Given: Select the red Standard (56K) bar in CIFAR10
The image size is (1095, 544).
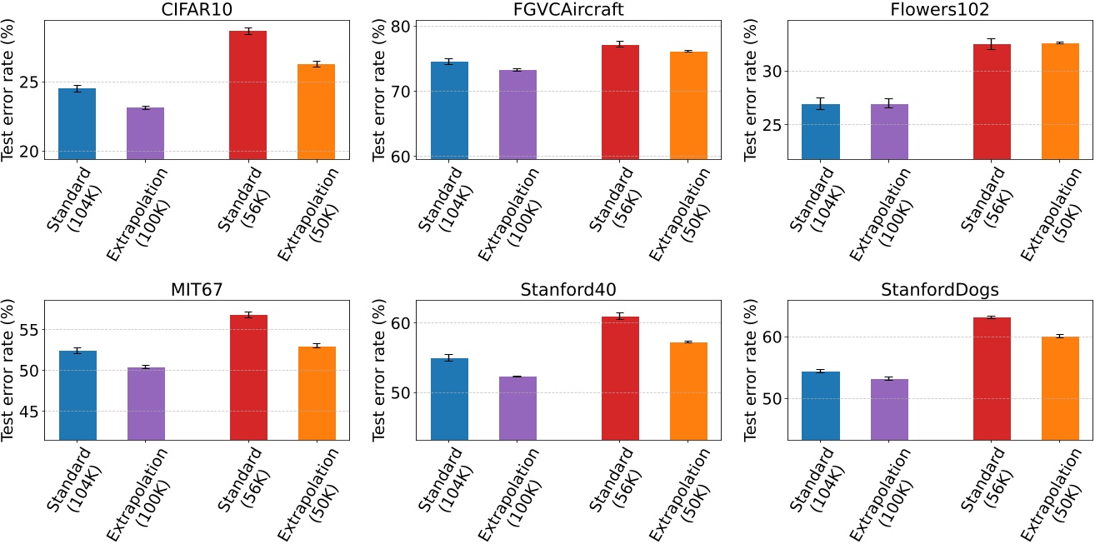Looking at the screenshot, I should coord(248,95).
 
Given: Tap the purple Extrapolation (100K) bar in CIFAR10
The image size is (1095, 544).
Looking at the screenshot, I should coord(146,133).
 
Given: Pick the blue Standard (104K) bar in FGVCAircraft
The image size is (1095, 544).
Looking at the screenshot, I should coord(449,110).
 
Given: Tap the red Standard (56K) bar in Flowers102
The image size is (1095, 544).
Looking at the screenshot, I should coord(991,102).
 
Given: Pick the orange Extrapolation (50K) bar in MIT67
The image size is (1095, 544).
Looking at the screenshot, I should coord(317,392).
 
